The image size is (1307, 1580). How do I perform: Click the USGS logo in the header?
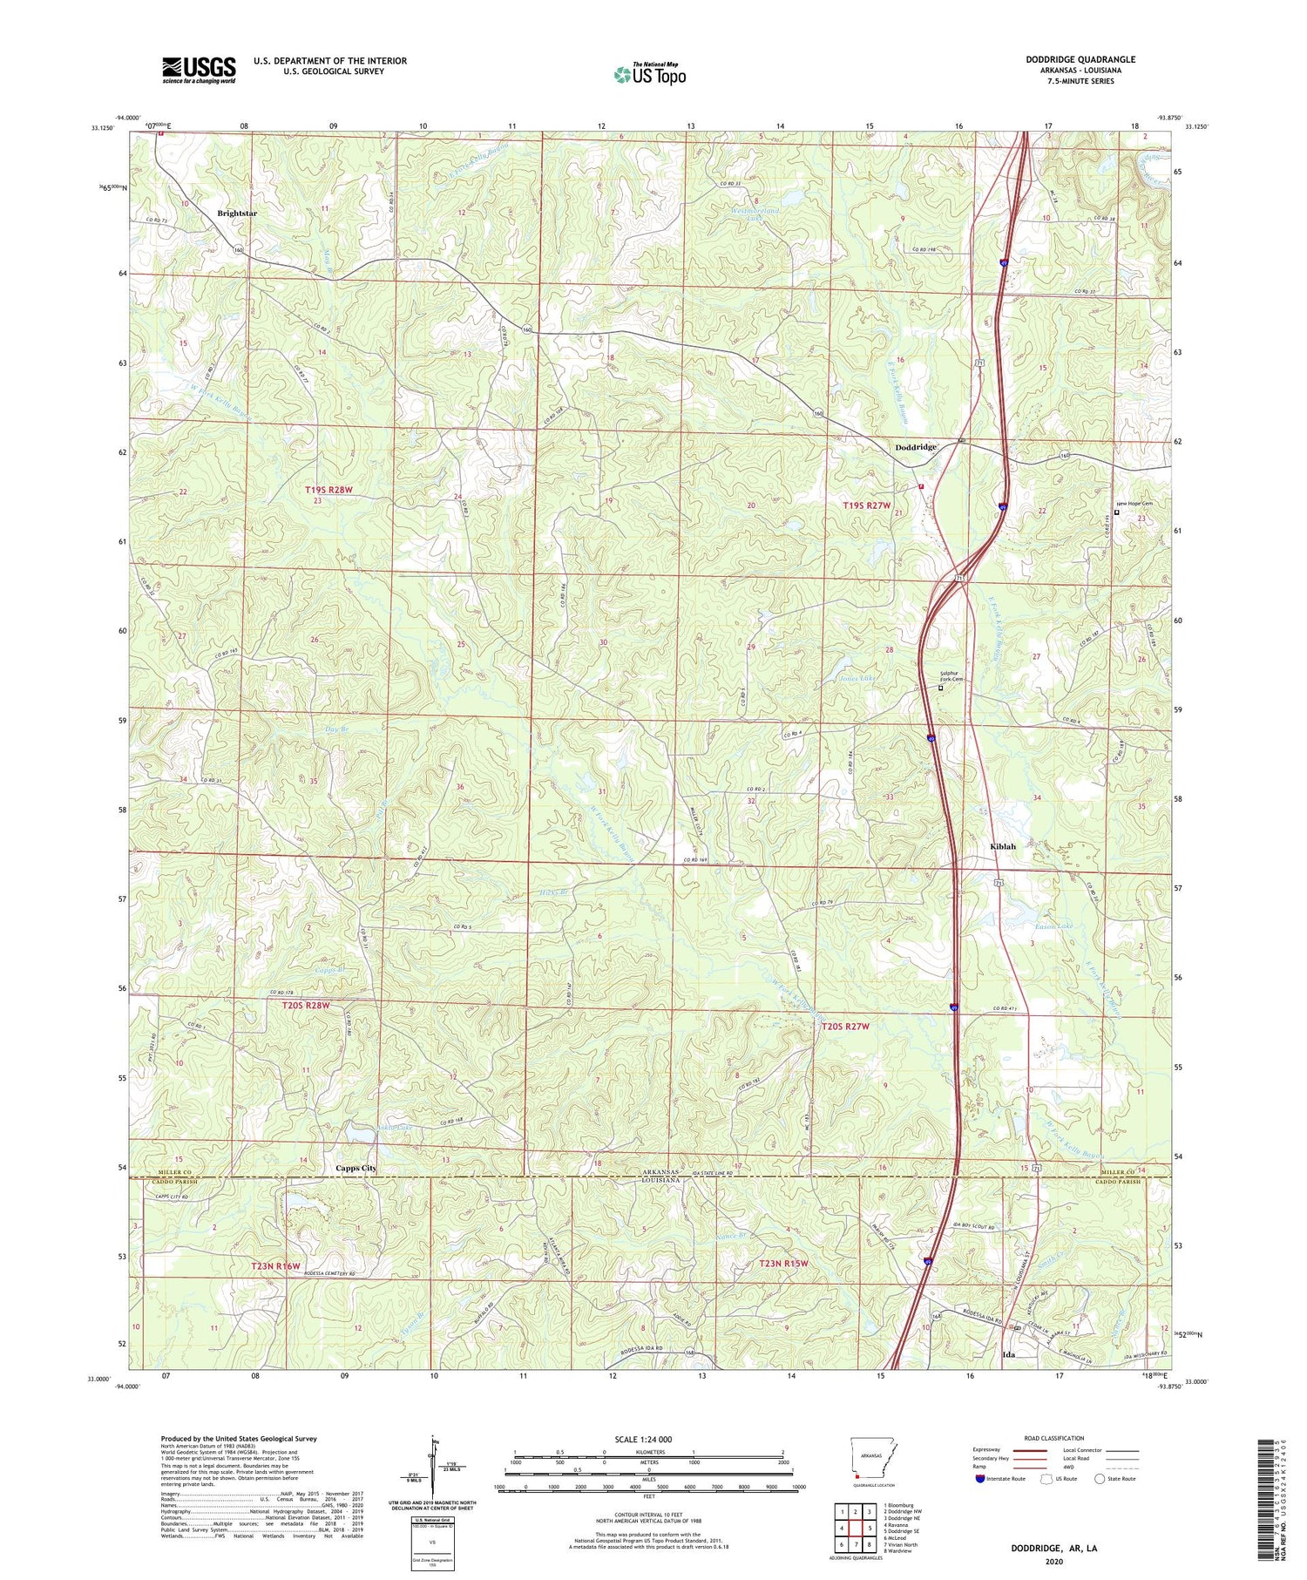pos(199,70)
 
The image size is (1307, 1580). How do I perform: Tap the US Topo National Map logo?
pos(649,74)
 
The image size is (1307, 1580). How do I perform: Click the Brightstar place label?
pos(237,213)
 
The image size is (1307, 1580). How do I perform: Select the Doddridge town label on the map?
pos(916,447)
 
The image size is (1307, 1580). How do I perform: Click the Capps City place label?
pos(356,1168)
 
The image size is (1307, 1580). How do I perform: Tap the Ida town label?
pos(1009,1356)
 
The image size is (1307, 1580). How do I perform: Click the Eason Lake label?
pos(1053,926)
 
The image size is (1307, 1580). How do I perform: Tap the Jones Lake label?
pos(858,677)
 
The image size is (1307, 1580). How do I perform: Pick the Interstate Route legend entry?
pos(1002,1478)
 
